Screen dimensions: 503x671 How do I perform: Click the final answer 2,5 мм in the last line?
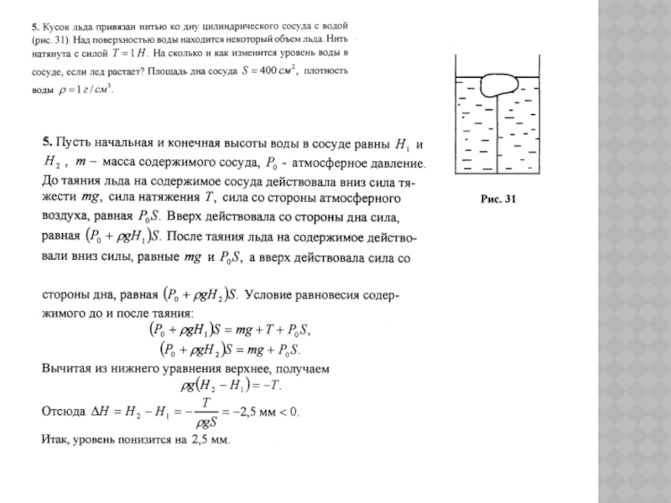209,439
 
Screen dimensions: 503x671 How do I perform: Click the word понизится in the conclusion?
143,439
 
